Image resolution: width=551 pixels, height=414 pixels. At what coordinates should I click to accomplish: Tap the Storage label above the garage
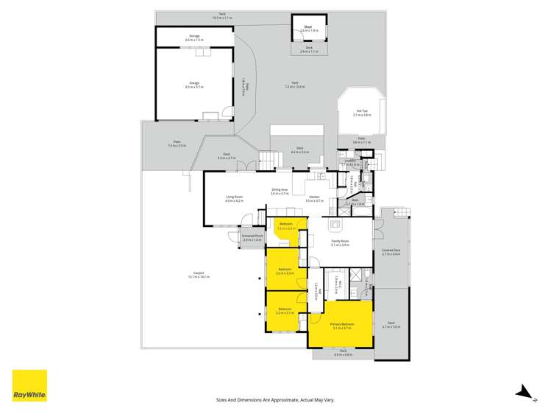point(194,35)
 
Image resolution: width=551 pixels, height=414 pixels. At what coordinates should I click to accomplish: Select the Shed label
point(308,27)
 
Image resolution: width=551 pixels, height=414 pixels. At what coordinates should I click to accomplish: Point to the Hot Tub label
point(362,112)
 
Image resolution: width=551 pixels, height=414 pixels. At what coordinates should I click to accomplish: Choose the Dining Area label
point(280,190)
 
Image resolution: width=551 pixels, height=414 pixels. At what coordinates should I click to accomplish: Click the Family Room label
point(340,241)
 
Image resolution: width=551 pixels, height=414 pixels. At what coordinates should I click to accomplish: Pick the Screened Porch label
point(252,237)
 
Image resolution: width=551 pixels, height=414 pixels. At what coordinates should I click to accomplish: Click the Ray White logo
point(29,386)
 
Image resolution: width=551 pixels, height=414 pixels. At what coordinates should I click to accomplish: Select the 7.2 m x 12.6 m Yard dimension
point(294,87)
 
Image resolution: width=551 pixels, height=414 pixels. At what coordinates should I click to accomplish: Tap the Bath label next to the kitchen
point(354,200)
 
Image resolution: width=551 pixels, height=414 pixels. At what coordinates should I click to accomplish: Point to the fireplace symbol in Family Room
point(336,225)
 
